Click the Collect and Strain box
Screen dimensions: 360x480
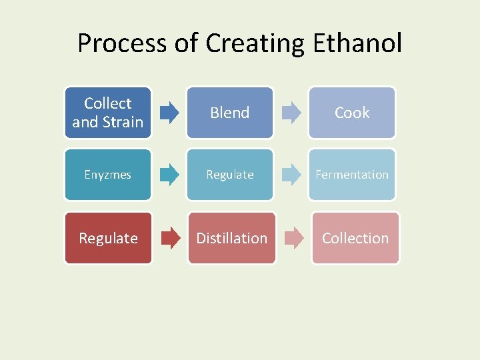coord(108,113)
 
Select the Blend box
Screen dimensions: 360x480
coord(230,113)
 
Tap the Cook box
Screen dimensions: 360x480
coord(352,113)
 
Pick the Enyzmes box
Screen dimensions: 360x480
coord(108,175)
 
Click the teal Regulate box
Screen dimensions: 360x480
coord(230,175)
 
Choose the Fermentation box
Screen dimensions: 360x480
coord(352,175)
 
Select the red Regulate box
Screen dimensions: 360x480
coord(108,238)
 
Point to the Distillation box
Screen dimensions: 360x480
coord(231,238)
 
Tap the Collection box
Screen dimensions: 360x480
coord(355,238)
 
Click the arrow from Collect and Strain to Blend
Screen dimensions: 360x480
coord(169,113)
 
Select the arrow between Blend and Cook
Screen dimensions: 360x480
coord(291,113)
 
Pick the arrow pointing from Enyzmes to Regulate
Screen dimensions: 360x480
coord(169,175)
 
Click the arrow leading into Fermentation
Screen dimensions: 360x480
coord(291,175)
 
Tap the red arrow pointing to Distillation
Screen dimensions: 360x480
coord(171,238)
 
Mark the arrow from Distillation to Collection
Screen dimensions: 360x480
coord(294,238)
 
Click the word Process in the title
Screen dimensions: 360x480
coord(121,43)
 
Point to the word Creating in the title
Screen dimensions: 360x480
coord(254,43)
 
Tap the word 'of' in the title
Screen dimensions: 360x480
coord(185,43)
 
